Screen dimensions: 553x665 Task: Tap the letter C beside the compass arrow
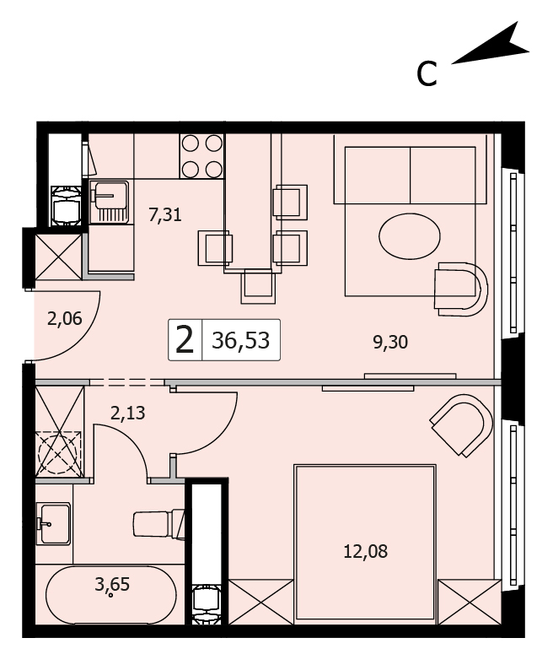pyautogui.click(x=427, y=74)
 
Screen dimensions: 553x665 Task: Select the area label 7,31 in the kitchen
pyautogui.click(x=165, y=214)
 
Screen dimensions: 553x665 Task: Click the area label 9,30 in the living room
pyautogui.click(x=390, y=342)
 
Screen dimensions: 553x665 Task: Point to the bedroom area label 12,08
pyautogui.click(x=365, y=552)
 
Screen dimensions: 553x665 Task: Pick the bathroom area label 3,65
pyautogui.click(x=112, y=585)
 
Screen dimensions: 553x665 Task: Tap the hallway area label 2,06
pyautogui.click(x=64, y=318)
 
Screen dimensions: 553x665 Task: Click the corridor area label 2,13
pyautogui.click(x=127, y=413)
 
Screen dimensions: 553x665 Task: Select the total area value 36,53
pyautogui.click(x=241, y=340)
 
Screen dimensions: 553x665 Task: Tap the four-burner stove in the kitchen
pyautogui.click(x=201, y=156)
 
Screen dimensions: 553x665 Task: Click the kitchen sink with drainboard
pyautogui.click(x=111, y=202)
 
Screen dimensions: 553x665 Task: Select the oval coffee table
pyautogui.click(x=410, y=235)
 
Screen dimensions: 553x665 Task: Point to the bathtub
pyautogui.click(x=110, y=594)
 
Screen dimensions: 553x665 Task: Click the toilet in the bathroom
pyautogui.click(x=159, y=525)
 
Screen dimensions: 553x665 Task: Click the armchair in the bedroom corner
pyautogui.click(x=462, y=425)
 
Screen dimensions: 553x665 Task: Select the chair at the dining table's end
pyautogui.click(x=258, y=287)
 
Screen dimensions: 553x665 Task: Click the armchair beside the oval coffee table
pyautogui.click(x=460, y=289)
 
